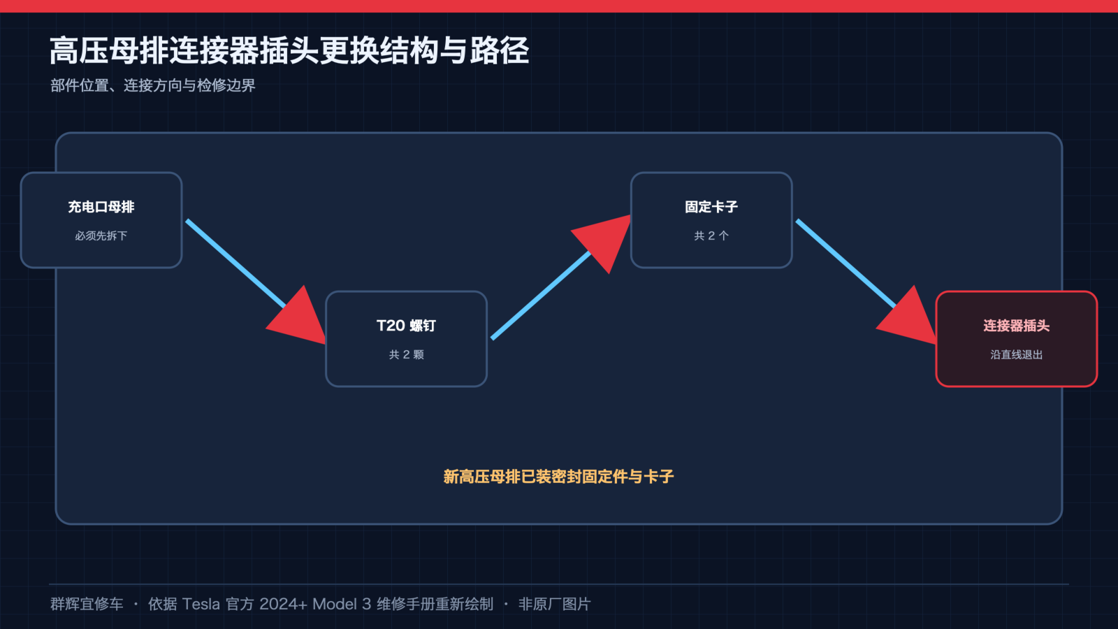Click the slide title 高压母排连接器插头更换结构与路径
click(289, 51)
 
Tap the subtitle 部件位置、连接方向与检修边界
click(153, 85)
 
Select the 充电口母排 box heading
click(101, 207)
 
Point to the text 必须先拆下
click(101, 236)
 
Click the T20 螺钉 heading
click(406, 326)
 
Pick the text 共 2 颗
click(406, 354)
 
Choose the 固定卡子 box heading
click(711, 207)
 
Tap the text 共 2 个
click(711, 236)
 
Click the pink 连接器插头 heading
click(1016, 326)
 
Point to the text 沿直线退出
click(1016, 354)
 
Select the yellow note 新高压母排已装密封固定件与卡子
click(558, 476)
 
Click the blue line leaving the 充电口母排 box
click(235, 263)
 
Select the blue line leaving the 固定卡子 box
click(846, 263)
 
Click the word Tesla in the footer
click(201, 604)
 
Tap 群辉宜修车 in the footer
click(87, 604)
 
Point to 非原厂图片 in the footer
click(555, 604)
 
